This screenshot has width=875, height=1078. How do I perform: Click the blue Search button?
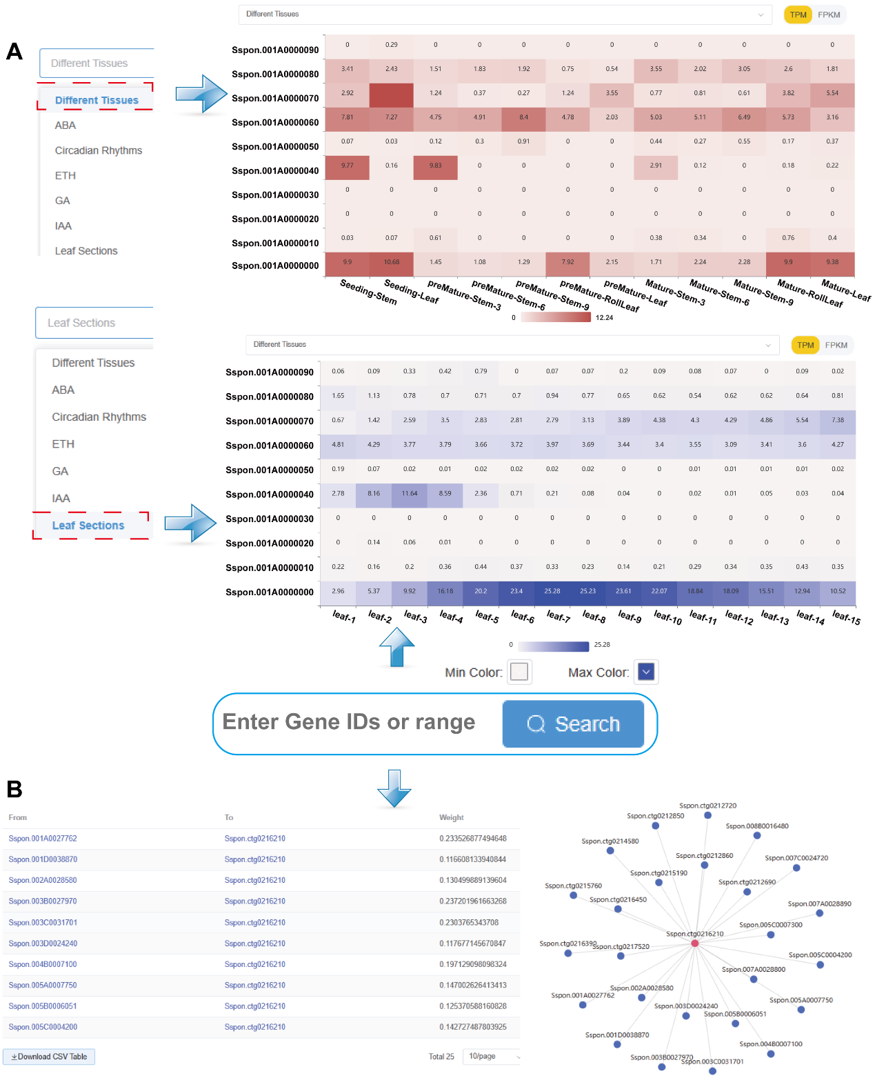coord(573,723)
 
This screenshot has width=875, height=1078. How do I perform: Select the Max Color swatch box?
coord(646,672)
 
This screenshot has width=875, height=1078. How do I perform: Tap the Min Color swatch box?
coord(519,672)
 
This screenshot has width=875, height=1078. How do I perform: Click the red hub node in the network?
coord(695,943)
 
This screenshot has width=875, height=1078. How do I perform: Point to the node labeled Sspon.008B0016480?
coord(757,835)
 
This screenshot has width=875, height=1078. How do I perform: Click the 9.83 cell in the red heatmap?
coord(435,166)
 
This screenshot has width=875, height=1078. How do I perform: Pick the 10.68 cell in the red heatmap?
coord(391,263)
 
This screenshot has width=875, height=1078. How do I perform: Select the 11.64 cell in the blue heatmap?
coord(409,494)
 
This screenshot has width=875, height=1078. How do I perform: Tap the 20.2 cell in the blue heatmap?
coord(481,592)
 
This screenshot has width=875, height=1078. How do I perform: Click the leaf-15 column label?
coord(846,617)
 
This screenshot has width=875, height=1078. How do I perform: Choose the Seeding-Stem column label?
coord(368,292)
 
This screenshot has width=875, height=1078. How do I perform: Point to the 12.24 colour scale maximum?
coord(604,318)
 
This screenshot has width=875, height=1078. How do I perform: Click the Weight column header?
coord(452,817)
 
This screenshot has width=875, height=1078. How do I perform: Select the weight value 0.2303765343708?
coord(469,922)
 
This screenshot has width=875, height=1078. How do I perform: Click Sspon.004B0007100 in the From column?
coord(43,964)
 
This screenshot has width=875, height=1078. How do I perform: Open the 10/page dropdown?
coord(494,1056)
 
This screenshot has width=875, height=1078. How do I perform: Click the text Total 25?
coord(441,1057)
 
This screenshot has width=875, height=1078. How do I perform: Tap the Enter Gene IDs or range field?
coord(349,722)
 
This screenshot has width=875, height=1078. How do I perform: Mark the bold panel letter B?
coord(14,789)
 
